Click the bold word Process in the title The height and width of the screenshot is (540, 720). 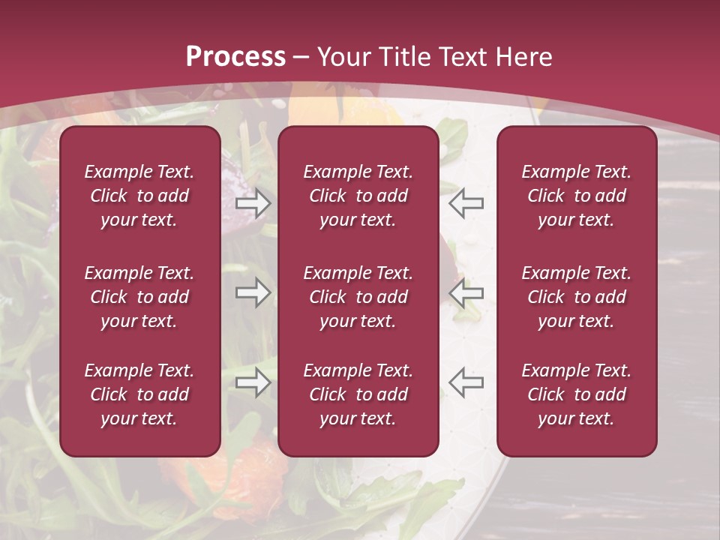[x=235, y=57]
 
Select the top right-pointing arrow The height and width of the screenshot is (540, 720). [x=253, y=202]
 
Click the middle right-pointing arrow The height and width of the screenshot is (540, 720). [x=253, y=292]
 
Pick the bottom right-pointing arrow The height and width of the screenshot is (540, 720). [x=253, y=382]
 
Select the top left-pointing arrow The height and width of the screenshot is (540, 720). [x=466, y=202]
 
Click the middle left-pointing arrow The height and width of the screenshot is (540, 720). [x=466, y=292]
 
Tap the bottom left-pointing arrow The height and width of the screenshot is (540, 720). [x=466, y=382]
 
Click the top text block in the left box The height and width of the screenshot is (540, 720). [x=139, y=196]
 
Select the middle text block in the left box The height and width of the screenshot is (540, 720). [x=139, y=297]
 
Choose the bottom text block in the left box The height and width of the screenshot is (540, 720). [x=139, y=394]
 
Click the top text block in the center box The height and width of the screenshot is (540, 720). [x=358, y=196]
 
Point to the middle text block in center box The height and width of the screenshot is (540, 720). [x=358, y=297]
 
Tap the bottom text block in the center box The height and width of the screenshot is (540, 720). [x=358, y=394]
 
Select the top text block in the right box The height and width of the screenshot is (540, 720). [x=577, y=196]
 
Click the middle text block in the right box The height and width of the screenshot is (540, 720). [x=577, y=297]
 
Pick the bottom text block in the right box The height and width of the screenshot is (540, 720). [x=577, y=394]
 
